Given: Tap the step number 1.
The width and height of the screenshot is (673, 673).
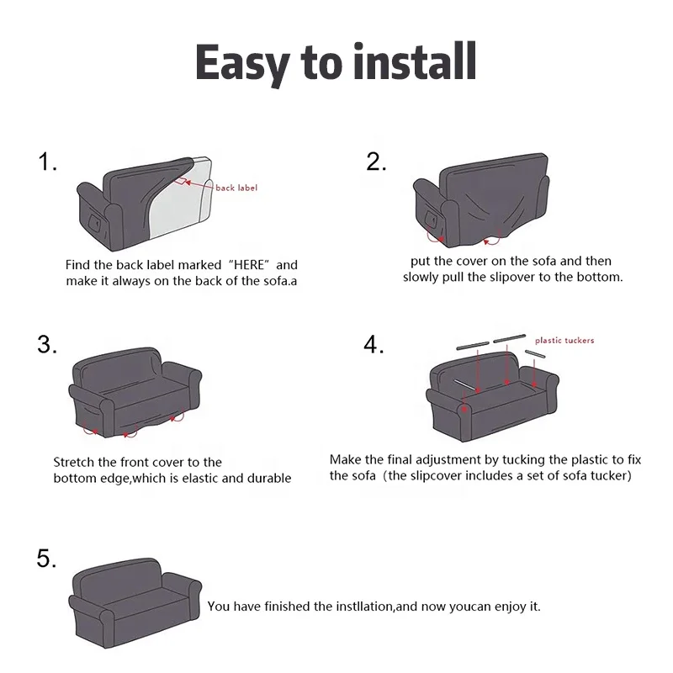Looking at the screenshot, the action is click(47, 163).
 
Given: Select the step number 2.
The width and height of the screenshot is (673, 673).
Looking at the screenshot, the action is click(376, 162).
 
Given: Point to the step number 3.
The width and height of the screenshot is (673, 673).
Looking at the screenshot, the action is click(47, 344).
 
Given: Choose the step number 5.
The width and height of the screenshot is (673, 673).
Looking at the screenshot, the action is click(47, 559).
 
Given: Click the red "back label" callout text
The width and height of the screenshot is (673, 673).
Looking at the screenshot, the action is click(236, 188).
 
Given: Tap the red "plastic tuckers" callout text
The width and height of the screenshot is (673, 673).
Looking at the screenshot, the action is click(564, 341).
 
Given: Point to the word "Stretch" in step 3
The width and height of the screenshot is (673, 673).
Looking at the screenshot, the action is click(76, 462).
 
